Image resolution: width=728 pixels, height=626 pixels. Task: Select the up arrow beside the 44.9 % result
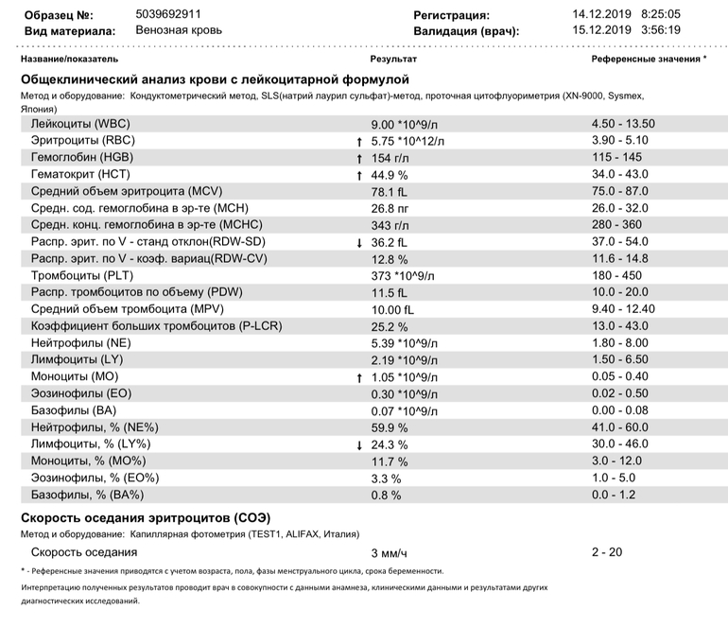tap(359, 175)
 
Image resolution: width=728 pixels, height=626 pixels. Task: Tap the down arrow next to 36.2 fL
tap(359, 243)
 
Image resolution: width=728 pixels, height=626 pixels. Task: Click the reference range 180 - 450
tap(617, 276)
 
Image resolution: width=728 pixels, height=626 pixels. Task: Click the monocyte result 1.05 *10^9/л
tap(406, 377)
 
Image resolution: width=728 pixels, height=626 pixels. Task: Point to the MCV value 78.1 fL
tap(391, 192)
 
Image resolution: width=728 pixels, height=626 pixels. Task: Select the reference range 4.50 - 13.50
tap(623, 124)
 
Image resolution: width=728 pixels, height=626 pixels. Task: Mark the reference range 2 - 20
tap(607, 552)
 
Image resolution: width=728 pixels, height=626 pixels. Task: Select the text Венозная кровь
tap(180, 30)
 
